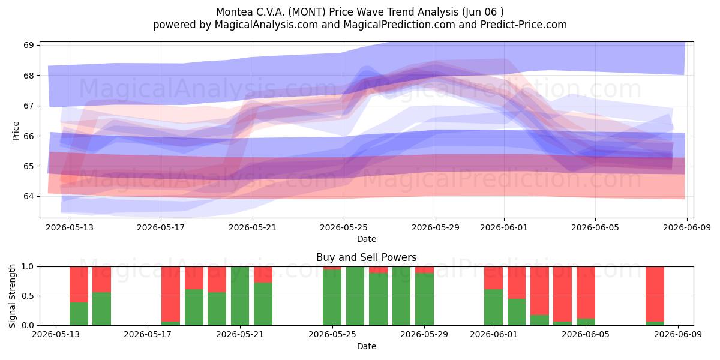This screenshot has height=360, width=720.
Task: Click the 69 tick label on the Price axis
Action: (29, 45)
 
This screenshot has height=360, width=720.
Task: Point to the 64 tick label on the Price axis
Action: (29, 196)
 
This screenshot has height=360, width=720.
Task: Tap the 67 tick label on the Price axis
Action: (29, 106)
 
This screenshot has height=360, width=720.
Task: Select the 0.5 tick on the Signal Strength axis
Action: (27, 296)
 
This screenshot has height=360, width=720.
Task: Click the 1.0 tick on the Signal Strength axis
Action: (27, 267)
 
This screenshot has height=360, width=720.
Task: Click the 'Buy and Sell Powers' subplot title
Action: (367, 257)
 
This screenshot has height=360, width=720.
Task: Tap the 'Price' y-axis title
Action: (16, 131)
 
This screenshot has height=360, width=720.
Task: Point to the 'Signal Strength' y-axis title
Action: (12, 296)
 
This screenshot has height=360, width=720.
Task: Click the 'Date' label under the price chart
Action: (367, 239)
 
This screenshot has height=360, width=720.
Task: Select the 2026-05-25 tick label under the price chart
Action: (344, 227)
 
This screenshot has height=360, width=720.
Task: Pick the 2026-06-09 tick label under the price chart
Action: (687, 227)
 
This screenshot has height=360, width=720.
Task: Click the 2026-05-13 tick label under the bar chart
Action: (56, 335)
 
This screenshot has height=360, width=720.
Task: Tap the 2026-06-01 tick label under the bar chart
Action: (494, 335)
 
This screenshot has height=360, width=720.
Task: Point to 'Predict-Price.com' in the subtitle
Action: (524, 25)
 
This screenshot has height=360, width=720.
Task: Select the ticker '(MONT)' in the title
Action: (307, 12)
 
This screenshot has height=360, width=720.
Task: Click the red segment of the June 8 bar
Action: (655, 294)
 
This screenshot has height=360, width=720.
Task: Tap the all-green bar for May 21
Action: (240, 296)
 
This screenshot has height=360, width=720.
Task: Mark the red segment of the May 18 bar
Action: (170, 294)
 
